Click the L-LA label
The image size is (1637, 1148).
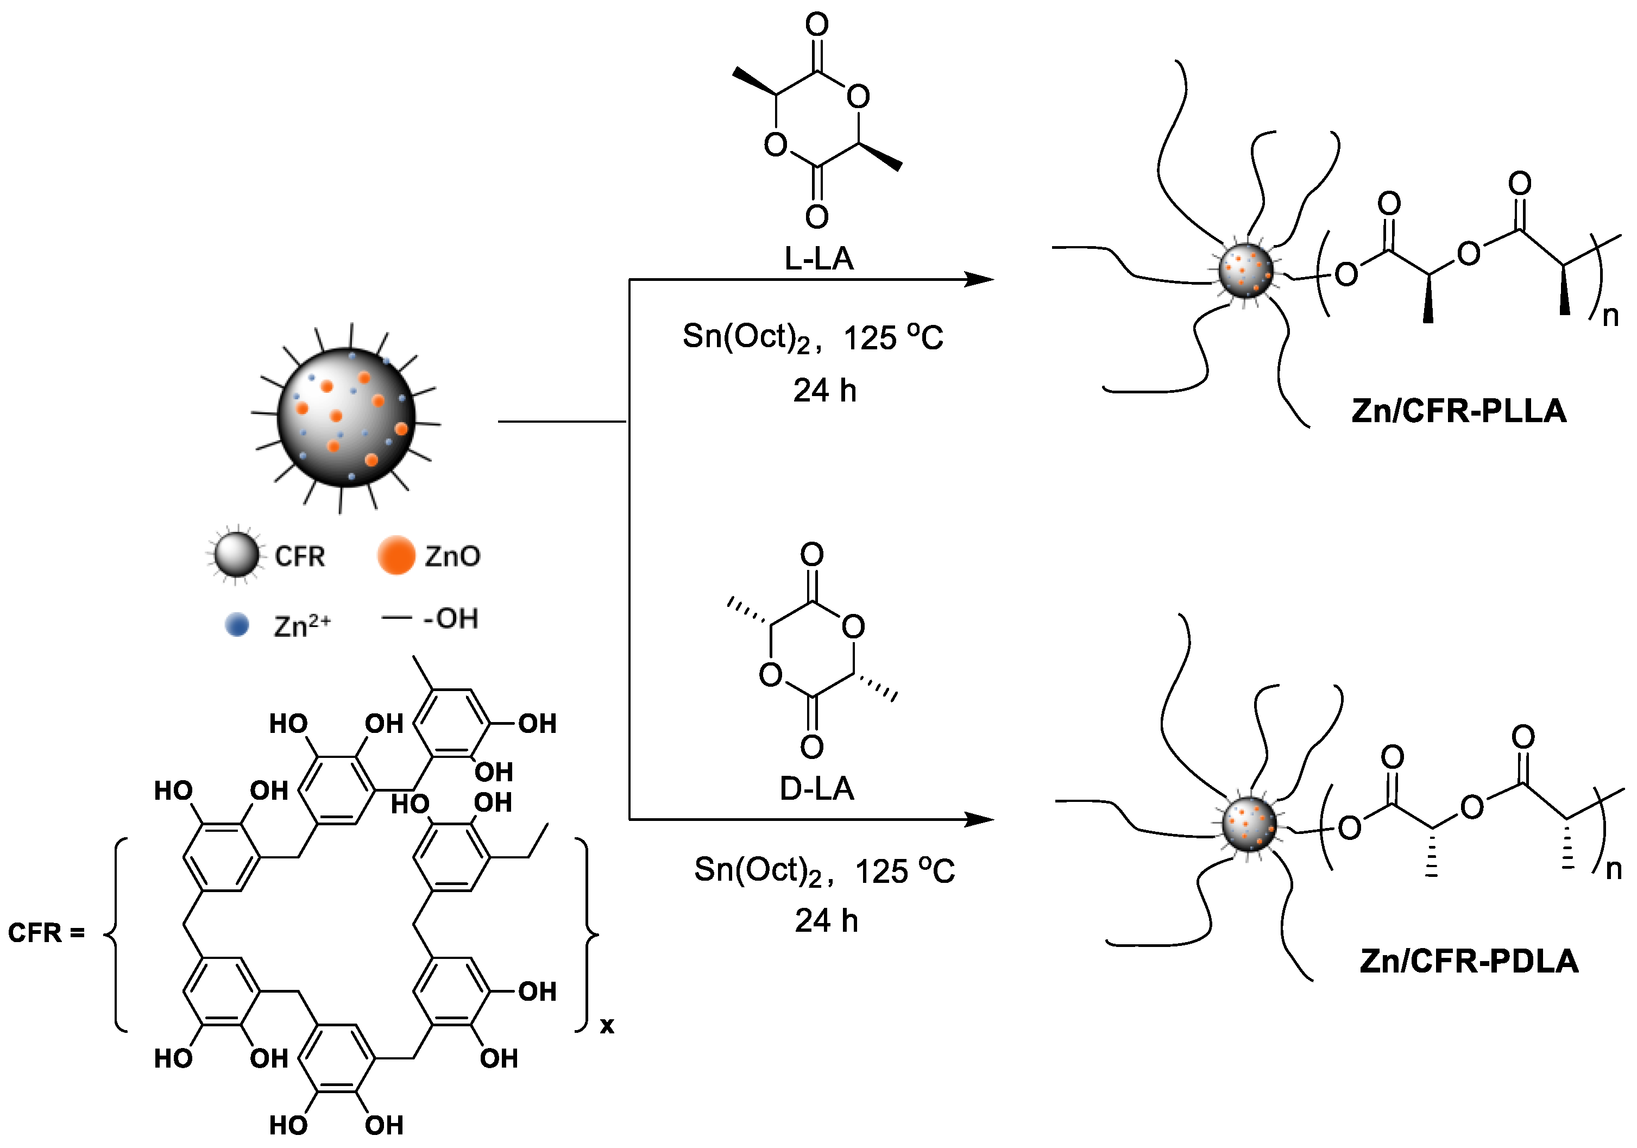pos(818,258)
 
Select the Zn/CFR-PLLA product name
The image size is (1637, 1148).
pos(1459,411)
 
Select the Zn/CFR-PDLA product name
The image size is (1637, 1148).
pos(1469,961)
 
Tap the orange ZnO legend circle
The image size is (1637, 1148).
pos(396,555)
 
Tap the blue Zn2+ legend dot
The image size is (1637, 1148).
pos(237,625)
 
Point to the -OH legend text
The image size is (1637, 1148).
pos(450,618)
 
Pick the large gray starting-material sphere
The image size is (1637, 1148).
pos(346,418)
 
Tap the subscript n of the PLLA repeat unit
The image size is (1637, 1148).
pos(1610,315)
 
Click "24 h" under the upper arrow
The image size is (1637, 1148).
pos(825,391)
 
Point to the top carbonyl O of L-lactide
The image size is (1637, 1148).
pos(817,24)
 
